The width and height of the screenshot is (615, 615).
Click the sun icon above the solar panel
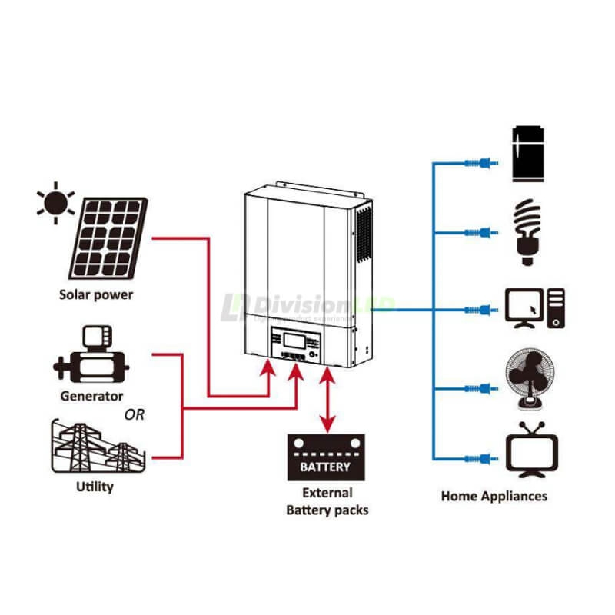55,203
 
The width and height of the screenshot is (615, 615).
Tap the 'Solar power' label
96,294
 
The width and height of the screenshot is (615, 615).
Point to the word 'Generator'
91,397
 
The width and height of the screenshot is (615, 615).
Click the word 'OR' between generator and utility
135,416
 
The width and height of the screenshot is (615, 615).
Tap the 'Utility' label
95,487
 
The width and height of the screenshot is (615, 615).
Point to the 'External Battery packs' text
327,501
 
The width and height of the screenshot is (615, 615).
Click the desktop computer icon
534,309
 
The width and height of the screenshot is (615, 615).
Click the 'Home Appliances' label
494,496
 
